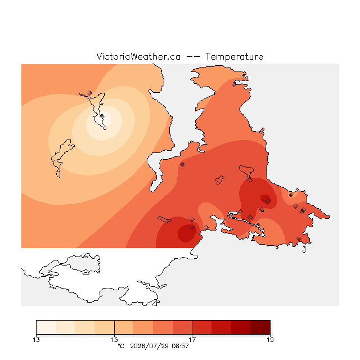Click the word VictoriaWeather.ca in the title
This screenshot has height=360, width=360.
click(138, 57)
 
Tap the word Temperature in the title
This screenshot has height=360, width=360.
click(234, 57)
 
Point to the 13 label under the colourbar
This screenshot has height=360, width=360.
click(36, 340)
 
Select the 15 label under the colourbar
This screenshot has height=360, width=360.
click(114, 340)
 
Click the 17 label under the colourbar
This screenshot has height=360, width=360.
click(192, 340)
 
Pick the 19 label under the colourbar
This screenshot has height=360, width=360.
click(270, 340)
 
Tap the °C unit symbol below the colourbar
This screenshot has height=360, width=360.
click(121, 346)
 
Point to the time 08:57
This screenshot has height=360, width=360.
click(180, 346)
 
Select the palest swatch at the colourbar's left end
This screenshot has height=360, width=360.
click(46, 327)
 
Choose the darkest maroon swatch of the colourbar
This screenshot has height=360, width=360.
click(260, 327)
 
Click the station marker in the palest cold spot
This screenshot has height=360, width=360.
click(102, 116)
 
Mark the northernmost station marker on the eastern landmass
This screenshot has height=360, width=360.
click(234, 85)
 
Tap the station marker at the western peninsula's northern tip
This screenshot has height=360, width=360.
click(90, 93)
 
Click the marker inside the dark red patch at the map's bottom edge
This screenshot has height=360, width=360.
click(192, 227)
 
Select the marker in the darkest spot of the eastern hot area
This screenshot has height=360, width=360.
click(268, 201)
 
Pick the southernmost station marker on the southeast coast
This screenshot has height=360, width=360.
click(299, 238)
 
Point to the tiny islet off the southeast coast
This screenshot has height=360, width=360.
click(304, 250)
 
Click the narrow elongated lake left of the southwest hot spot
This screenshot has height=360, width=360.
click(164, 219)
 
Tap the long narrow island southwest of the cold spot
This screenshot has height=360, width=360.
click(61, 159)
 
